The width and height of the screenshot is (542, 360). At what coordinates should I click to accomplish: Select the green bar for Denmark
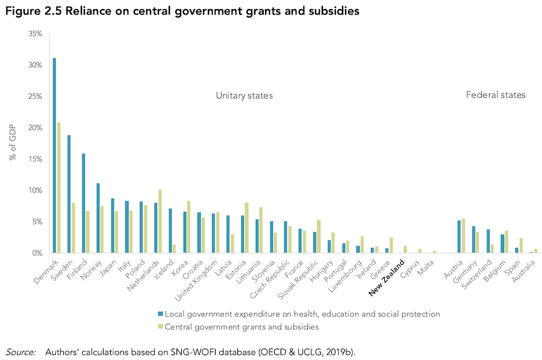(x=58, y=188)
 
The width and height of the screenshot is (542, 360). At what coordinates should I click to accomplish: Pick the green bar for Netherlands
(x=160, y=221)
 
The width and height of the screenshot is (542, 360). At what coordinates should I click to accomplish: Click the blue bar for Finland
(x=84, y=203)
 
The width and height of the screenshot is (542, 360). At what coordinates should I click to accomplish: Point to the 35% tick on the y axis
(x=35, y=34)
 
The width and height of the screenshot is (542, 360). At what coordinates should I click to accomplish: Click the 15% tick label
(x=35, y=159)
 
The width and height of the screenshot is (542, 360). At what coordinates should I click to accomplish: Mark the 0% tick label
(x=37, y=253)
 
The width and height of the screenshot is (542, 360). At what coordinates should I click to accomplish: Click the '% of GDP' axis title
(x=13, y=143)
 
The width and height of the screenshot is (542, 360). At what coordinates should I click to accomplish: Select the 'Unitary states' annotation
(x=245, y=95)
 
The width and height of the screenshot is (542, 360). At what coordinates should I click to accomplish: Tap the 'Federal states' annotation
(x=496, y=95)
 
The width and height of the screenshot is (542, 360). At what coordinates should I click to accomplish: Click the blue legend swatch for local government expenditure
(x=160, y=314)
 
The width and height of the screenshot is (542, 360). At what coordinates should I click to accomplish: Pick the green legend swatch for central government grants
(x=160, y=327)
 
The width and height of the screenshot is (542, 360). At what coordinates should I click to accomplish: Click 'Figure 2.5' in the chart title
(x=34, y=11)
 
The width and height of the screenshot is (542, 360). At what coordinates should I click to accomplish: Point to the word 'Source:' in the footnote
(x=22, y=351)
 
